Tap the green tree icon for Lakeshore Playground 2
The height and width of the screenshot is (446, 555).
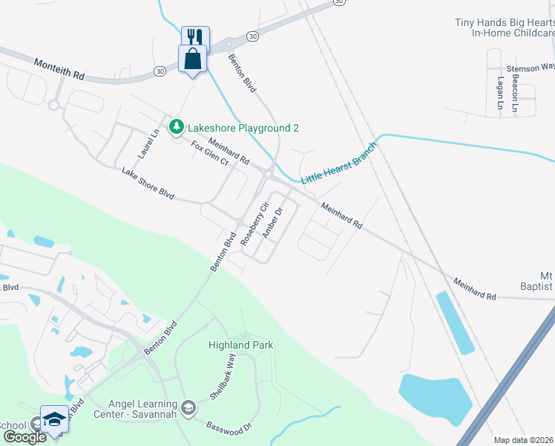point(177,128)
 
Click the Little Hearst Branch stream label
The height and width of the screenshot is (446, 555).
point(338,163)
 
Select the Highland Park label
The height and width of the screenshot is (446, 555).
point(241,345)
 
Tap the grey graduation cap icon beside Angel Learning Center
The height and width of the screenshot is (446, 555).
point(188,406)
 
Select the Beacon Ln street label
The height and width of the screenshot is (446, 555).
point(514,97)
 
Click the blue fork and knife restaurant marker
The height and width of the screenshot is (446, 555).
point(196,37)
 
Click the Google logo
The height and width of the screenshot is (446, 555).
point(24,437)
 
